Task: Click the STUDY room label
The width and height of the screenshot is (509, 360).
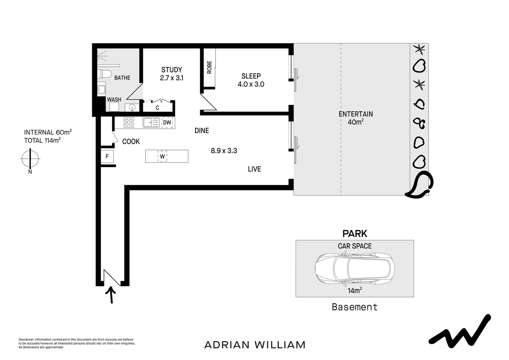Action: (x=172, y=70)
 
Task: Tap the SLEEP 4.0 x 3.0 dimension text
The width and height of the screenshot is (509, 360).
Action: (x=251, y=84)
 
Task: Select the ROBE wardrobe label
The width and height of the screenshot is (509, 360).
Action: (x=209, y=67)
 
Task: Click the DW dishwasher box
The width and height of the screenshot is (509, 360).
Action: (x=167, y=122)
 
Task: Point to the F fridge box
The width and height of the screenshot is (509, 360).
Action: (x=107, y=156)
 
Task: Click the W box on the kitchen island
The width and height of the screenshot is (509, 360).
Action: (x=162, y=156)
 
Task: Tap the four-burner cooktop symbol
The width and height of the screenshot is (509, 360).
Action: (x=129, y=123)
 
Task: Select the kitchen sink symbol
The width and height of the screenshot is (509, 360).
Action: (x=151, y=123)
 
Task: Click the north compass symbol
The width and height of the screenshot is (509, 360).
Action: (x=30, y=159)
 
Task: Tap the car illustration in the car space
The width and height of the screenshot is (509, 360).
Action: (x=355, y=269)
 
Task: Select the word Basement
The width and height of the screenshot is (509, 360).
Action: (x=355, y=307)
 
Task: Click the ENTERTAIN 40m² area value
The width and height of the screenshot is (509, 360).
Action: (x=355, y=122)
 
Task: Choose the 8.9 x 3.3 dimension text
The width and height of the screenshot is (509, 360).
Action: (x=224, y=151)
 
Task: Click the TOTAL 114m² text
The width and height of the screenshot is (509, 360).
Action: (x=42, y=140)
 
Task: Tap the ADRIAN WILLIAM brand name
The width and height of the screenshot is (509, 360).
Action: (x=255, y=345)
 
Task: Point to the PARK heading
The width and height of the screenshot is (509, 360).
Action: (x=355, y=234)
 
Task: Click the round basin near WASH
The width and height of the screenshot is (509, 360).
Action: (x=132, y=107)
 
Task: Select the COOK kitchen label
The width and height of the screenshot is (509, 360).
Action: (x=131, y=142)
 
